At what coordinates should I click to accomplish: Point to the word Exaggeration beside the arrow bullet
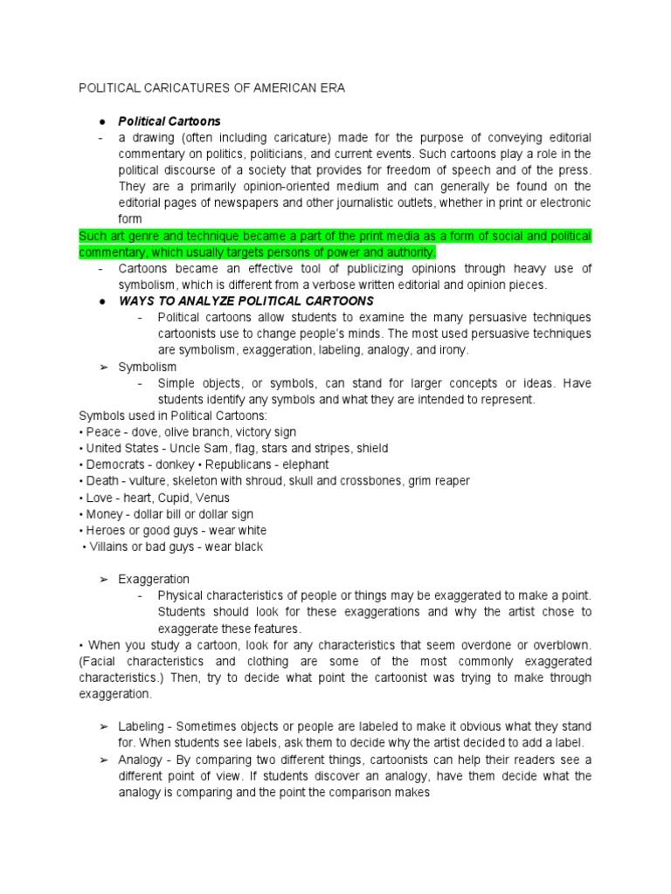click(x=154, y=579)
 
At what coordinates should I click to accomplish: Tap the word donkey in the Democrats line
click(x=175, y=464)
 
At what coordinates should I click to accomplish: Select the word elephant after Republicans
click(x=304, y=464)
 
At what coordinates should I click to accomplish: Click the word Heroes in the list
click(x=102, y=531)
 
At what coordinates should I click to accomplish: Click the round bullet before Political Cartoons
click(x=102, y=121)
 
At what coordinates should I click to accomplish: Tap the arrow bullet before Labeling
click(x=103, y=726)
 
